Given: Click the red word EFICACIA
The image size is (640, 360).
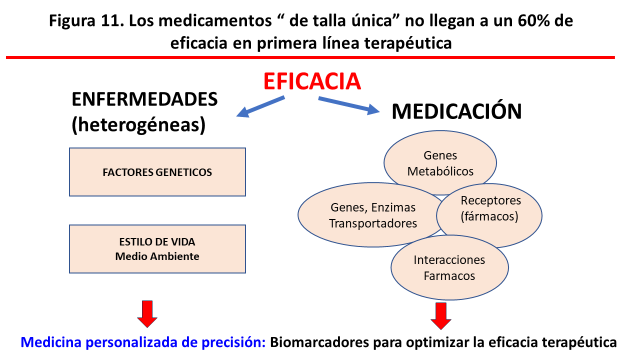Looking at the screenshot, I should pos(311,81).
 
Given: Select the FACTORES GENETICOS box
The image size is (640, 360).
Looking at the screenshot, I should pos(157,172).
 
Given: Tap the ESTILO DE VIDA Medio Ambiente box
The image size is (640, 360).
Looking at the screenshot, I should pos(157,249).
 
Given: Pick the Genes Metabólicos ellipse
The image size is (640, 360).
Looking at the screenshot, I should pos(440,163).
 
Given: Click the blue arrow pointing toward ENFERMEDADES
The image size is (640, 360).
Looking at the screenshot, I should pos(260,106).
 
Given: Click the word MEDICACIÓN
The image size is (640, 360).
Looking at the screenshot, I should pos(456,111).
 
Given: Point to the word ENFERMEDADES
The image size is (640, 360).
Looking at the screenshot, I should pos(145,99).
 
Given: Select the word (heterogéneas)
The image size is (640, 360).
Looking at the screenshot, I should pos(138,125).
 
